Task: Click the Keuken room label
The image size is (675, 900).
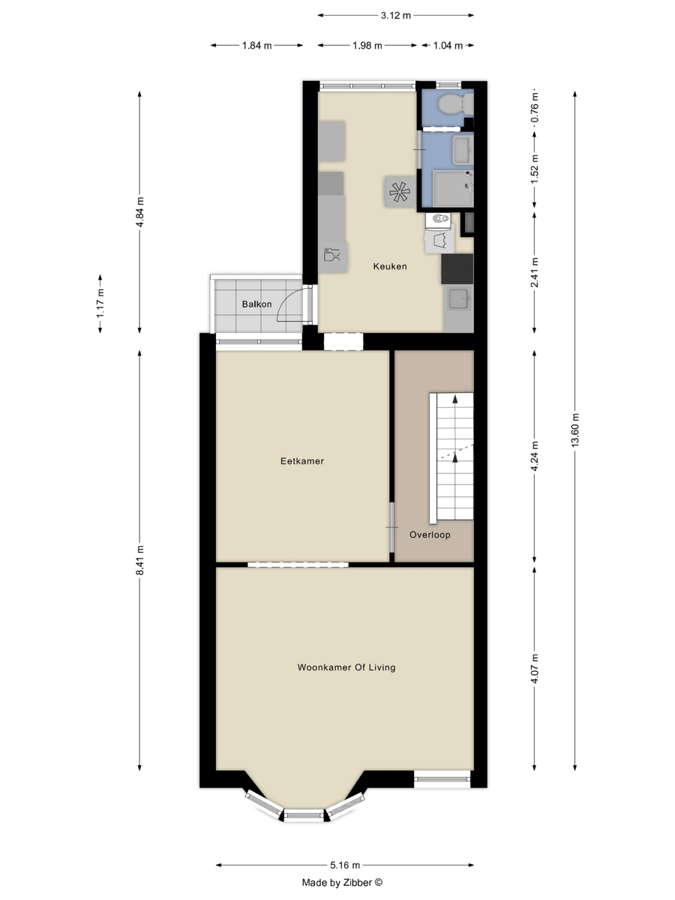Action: pyautogui.click(x=390, y=266)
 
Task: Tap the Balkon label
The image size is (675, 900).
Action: pyautogui.click(x=256, y=304)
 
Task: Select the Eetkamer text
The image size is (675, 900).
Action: pyautogui.click(x=302, y=461)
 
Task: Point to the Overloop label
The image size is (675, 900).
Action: pyautogui.click(x=430, y=535)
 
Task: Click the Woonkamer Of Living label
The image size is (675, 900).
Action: pyautogui.click(x=346, y=667)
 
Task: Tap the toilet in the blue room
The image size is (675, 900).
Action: pyautogui.click(x=455, y=104)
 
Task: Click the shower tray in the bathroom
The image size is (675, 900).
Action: pyautogui.click(x=453, y=188)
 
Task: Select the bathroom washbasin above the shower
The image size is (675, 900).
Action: pyautogui.click(x=463, y=150)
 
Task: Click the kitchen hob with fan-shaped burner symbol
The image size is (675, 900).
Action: pyautogui.click(x=400, y=191)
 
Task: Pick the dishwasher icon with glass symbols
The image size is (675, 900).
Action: pyautogui.click(x=333, y=256)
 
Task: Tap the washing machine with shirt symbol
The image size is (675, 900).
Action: pyautogui.click(x=439, y=241)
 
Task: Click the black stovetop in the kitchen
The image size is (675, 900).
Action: pyautogui.click(x=457, y=269)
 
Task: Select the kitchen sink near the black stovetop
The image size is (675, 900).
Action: pyautogui.click(x=458, y=298)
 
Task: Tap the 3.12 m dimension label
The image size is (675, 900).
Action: pyautogui.click(x=395, y=16)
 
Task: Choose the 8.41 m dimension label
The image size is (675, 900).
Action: pyautogui.click(x=140, y=560)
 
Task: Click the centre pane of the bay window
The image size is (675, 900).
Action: pyautogui.click(x=304, y=815)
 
